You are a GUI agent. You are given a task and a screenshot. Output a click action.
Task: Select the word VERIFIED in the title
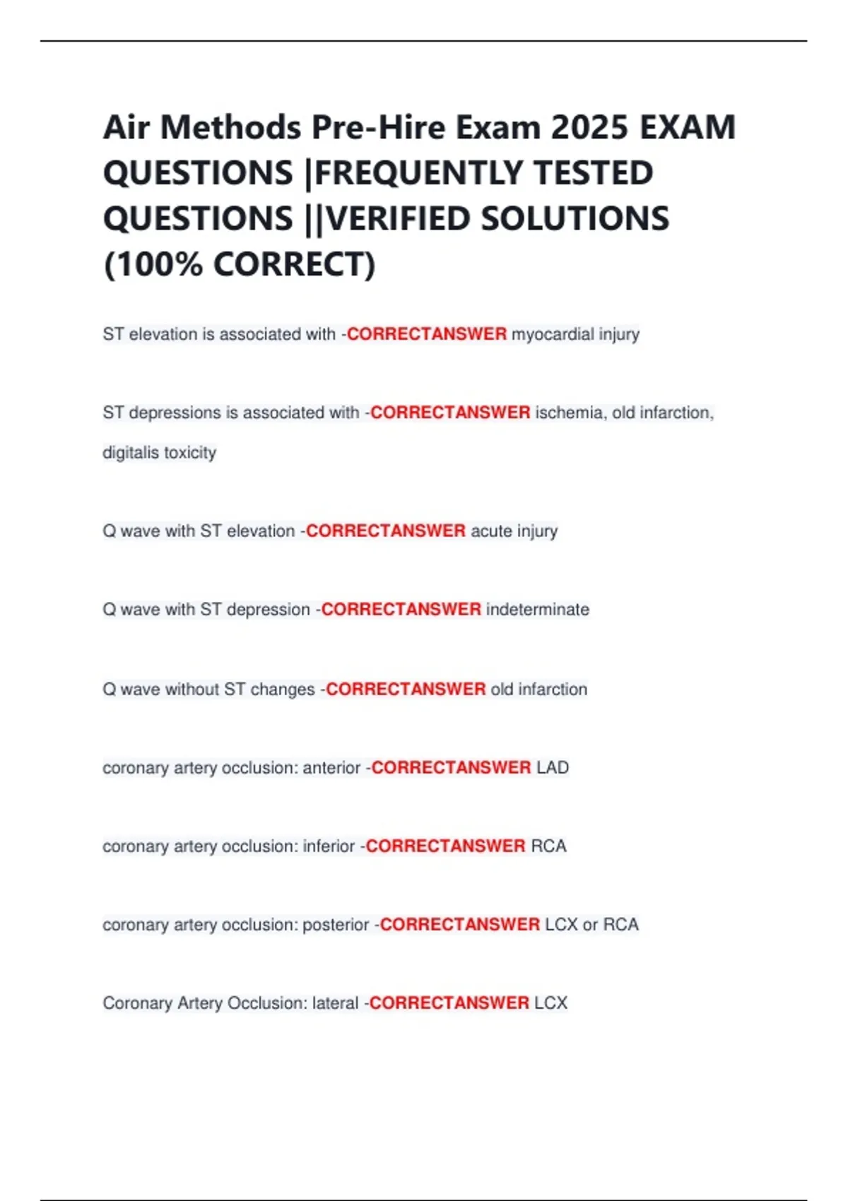399,219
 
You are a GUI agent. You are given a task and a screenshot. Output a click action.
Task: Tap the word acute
491,531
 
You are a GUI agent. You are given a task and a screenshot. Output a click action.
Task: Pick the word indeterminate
538,609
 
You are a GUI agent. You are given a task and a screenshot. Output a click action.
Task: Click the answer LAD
553,767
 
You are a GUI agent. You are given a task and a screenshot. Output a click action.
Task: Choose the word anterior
331,767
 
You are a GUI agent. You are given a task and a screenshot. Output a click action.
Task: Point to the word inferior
329,846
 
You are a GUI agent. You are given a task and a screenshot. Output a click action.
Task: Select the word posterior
336,924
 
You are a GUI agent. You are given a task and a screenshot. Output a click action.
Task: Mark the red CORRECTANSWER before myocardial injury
427,334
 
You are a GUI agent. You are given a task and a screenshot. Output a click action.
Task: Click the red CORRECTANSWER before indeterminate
401,609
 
